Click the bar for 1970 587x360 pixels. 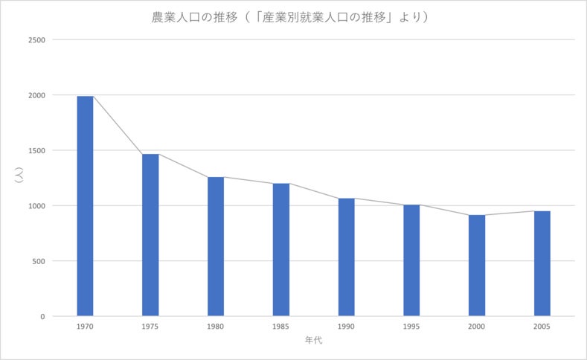pyautogui.click(x=85, y=206)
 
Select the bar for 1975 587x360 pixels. pyautogui.click(x=150, y=235)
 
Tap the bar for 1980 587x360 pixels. pyautogui.click(x=216, y=246)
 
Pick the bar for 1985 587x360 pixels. pyautogui.click(x=281, y=250)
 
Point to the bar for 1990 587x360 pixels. pyautogui.click(x=346, y=257)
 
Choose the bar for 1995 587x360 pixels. pyautogui.click(x=411, y=260)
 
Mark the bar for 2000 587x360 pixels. pyautogui.click(x=477, y=266)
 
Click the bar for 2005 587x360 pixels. pyautogui.click(x=542, y=263)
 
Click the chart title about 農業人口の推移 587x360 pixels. pyautogui.click(x=290, y=17)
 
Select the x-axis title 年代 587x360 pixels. pyautogui.click(x=313, y=340)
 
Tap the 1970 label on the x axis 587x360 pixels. pyautogui.click(x=85, y=326)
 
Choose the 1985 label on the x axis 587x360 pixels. pyautogui.click(x=281, y=326)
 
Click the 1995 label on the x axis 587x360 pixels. pyautogui.click(x=411, y=326)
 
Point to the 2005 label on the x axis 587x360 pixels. pyautogui.click(x=542, y=326)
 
